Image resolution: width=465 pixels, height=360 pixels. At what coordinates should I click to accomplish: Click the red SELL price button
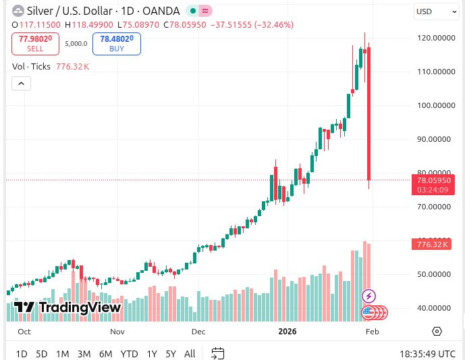(35, 44)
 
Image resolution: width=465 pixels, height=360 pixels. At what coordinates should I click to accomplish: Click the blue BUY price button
(116, 44)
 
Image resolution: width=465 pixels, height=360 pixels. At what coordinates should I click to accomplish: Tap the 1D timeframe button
(22, 353)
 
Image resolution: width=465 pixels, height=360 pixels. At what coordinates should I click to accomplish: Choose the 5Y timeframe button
(171, 353)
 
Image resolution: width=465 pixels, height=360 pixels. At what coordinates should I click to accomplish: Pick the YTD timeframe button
(129, 353)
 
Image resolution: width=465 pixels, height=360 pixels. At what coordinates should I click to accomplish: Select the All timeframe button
(190, 353)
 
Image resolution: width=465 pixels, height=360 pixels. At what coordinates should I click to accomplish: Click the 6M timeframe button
(105, 353)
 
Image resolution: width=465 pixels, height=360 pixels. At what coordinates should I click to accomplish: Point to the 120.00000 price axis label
(434, 38)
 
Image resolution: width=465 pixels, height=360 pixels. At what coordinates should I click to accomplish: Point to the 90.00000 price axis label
(434, 139)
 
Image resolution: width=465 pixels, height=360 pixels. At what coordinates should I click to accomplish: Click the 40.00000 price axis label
(434, 308)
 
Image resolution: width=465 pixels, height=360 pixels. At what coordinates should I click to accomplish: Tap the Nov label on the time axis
(117, 332)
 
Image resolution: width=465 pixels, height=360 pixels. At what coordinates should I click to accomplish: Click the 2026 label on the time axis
(288, 332)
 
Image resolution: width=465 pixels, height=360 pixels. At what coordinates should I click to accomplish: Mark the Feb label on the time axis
(372, 332)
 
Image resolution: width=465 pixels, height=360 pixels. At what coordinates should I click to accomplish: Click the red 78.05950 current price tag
(434, 181)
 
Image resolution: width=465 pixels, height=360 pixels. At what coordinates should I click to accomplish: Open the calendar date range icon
(217, 353)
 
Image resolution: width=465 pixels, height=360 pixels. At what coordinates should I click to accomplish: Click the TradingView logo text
(67, 308)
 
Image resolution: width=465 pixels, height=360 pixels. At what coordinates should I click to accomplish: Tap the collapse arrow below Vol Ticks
(21, 83)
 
